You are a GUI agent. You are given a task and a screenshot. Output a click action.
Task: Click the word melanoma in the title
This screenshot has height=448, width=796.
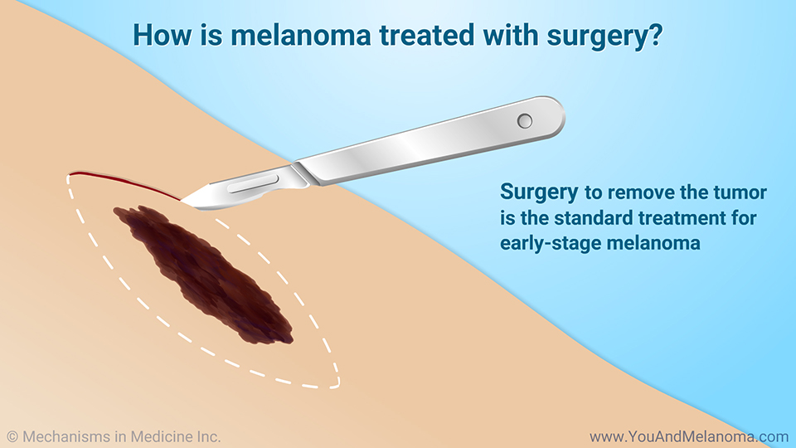[300, 35]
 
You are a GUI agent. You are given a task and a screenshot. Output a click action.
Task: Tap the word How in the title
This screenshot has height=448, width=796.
[162, 35]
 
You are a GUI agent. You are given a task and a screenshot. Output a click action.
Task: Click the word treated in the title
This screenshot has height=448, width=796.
[427, 35]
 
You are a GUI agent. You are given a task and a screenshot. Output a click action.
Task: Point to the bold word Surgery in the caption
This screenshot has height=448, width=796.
[539, 193]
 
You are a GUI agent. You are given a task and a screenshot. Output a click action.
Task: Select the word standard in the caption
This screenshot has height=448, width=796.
[593, 218]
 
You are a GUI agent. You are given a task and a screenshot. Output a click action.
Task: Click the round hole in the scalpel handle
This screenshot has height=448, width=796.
[524, 121]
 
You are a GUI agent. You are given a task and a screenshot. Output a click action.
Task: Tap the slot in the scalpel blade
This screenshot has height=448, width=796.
[253, 184]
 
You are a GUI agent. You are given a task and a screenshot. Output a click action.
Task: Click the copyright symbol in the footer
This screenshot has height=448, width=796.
[12, 437]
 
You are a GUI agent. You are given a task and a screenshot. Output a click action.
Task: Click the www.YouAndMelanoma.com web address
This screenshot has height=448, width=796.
[688, 437]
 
